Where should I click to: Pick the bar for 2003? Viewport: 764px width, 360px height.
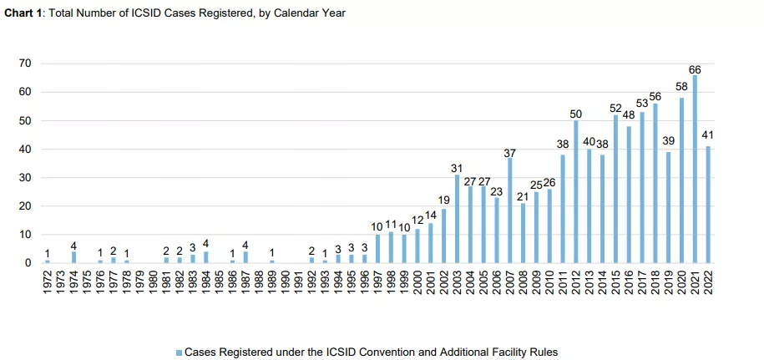pos(457,219)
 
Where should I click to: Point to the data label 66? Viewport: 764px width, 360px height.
pos(696,68)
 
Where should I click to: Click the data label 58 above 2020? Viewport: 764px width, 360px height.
pos(681,87)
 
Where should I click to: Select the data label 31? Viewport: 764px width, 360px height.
pos(457,168)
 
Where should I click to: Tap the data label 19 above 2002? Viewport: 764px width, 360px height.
pos(443,200)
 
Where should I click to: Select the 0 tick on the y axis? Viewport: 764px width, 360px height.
pos(28,263)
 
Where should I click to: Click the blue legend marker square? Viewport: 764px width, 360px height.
pos(178,352)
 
